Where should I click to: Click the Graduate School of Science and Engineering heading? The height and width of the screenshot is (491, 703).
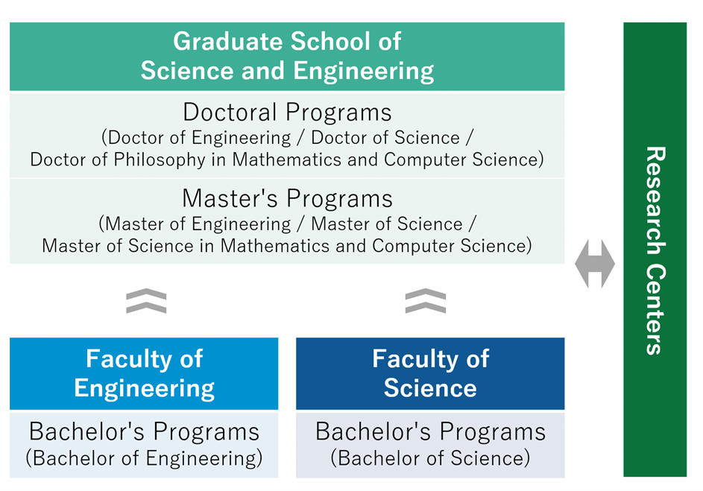(287, 56)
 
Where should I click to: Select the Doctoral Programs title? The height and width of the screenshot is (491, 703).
(287, 113)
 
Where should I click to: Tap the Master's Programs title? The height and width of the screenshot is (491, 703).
(287, 198)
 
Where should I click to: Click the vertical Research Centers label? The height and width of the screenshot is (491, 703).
(655, 250)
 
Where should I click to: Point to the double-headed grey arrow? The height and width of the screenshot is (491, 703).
(594, 264)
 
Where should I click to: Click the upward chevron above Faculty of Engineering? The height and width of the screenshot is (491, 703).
(146, 300)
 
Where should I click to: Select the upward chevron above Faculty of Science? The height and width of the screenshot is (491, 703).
(426, 300)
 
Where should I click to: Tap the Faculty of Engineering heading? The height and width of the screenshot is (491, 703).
(145, 373)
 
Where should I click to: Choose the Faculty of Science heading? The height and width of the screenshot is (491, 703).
(430, 373)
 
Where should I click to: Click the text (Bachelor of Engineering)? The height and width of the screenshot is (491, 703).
(144, 458)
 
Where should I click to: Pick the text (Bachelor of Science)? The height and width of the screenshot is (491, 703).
(430, 458)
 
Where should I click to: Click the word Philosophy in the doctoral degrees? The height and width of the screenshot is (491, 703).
(160, 160)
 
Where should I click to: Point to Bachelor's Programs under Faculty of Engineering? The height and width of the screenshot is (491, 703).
(144, 432)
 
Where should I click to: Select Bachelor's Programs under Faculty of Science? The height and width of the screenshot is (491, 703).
(430, 432)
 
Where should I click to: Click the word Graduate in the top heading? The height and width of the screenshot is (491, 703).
(228, 42)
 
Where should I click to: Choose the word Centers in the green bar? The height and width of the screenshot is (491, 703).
(655, 309)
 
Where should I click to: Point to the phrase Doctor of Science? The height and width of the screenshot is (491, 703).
(385, 138)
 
